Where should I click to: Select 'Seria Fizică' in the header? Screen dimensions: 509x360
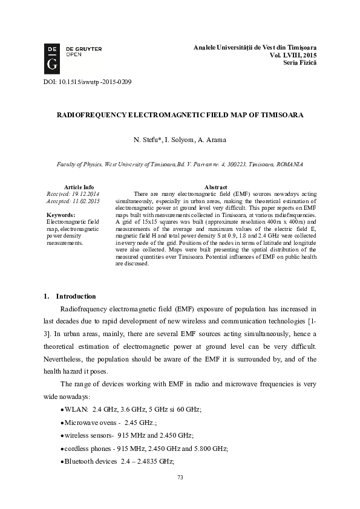click(x=299, y=63)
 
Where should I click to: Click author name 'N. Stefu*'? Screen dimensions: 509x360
click(x=147, y=140)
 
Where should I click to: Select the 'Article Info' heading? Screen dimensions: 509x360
click(x=79, y=187)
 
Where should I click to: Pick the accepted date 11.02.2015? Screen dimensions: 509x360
click(x=85, y=201)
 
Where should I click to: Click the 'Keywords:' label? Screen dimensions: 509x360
click(x=61, y=215)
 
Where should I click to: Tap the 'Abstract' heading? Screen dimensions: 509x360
click(x=216, y=187)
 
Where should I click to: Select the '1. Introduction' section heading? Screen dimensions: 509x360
click(x=70, y=296)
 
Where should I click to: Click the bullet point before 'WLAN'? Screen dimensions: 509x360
click(x=63, y=410)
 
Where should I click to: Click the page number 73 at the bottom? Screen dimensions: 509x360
click(x=180, y=478)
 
